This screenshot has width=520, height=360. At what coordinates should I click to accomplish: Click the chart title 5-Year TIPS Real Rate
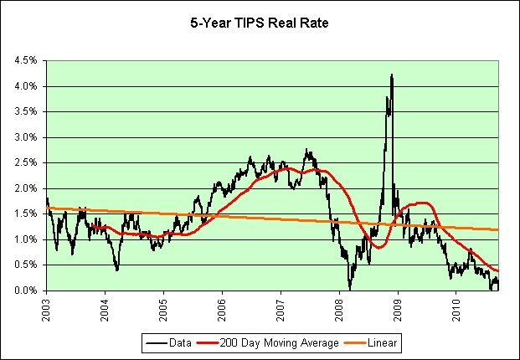260,24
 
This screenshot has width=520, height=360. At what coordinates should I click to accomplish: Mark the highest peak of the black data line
391,75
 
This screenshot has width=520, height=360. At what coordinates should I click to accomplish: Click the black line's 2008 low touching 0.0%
350,288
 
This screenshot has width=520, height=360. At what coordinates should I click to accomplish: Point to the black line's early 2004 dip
117,269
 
